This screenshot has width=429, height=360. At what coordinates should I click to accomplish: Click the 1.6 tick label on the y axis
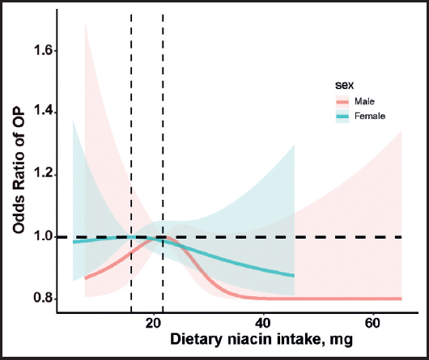click(x=43, y=51)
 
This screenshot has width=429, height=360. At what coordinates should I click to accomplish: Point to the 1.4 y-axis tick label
click(x=43, y=113)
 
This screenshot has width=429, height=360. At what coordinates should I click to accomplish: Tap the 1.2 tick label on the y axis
click(x=43, y=175)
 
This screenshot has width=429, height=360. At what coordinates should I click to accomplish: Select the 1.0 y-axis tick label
click(x=43, y=237)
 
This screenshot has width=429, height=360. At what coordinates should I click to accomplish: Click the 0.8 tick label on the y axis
click(x=43, y=299)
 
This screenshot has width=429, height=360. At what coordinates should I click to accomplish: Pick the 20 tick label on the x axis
click(x=154, y=324)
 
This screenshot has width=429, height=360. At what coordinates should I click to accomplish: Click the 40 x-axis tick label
click(x=263, y=324)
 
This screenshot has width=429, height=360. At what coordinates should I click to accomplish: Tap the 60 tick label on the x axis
click(x=372, y=324)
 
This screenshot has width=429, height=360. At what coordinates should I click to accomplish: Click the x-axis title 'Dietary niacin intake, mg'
click(x=261, y=340)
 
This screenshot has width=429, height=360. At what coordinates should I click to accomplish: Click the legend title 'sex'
click(x=344, y=85)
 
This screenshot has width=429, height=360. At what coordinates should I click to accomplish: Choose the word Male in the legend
click(x=364, y=101)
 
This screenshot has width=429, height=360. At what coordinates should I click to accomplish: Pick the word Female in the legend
click(x=370, y=116)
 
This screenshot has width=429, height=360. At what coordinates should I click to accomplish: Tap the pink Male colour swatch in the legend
click(x=342, y=102)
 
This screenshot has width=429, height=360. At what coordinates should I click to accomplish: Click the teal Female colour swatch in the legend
click(x=342, y=116)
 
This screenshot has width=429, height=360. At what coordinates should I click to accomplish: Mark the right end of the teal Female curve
click(x=294, y=276)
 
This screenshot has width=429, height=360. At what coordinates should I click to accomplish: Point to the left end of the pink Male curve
click(x=85, y=278)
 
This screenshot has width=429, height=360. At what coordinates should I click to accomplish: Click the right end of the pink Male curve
click(x=401, y=299)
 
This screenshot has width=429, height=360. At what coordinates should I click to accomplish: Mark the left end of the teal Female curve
click(x=73, y=242)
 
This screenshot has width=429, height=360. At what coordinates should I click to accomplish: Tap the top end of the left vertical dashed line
click(x=131, y=15)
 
